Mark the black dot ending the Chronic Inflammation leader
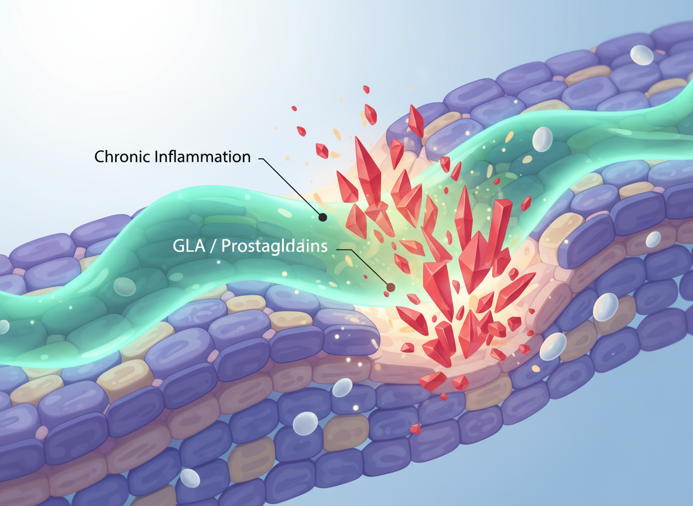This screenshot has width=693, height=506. click(x=322, y=217)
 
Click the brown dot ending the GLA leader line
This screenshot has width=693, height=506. click(x=390, y=287)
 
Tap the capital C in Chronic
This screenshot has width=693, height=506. click(x=100, y=158)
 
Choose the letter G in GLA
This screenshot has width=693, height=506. click(x=179, y=247)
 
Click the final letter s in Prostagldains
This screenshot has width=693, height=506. click(x=324, y=247)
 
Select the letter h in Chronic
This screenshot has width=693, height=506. click(x=109, y=158)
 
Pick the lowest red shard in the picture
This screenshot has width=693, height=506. click(x=416, y=429)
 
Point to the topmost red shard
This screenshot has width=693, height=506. click(x=366, y=89)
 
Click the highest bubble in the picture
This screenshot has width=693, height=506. click(x=642, y=54)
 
